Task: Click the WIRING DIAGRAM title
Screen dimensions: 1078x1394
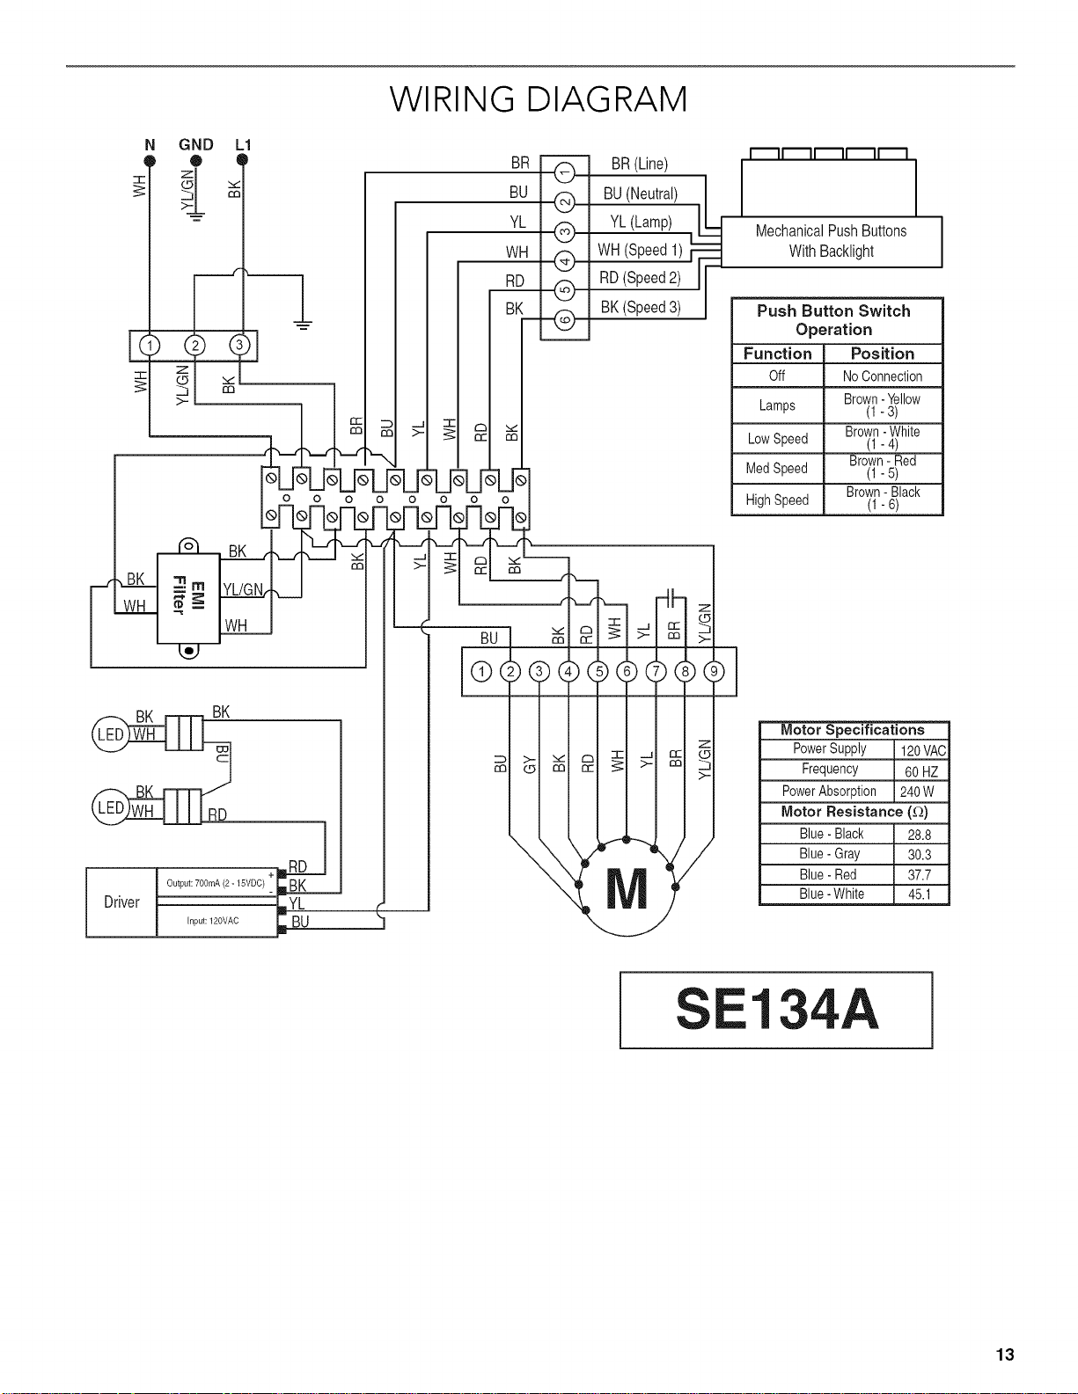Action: tap(539, 99)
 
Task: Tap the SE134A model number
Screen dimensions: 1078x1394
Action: tap(776, 1010)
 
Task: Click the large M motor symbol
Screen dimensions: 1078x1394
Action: tap(627, 888)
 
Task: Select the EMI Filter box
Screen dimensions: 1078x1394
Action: tap(188, 598)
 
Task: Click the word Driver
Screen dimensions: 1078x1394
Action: tap(121, 902)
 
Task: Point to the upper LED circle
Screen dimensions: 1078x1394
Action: tap(111, 733)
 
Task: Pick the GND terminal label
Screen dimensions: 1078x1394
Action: tap(195, 145)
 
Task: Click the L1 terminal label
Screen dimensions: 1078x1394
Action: tap(243, 145)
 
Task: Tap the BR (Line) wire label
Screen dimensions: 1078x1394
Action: tap(639, 164)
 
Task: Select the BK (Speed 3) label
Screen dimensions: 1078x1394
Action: tap(641, 308)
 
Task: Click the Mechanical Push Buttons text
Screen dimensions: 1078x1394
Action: tap(831, 231)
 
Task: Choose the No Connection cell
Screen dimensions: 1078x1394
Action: tap(883, 376)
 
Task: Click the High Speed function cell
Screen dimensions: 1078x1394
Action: tap(777, 500)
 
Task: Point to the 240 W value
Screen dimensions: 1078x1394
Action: tap(917, 792)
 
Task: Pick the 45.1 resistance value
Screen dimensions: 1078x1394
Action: tap(920, 894)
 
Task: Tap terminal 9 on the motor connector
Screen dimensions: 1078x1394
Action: tap(715, 672)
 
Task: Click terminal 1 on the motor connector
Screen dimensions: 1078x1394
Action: tap(481, 672)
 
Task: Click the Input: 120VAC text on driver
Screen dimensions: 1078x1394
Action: tap(212, 921)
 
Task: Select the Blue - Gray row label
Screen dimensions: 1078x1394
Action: tap(829, 854)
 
